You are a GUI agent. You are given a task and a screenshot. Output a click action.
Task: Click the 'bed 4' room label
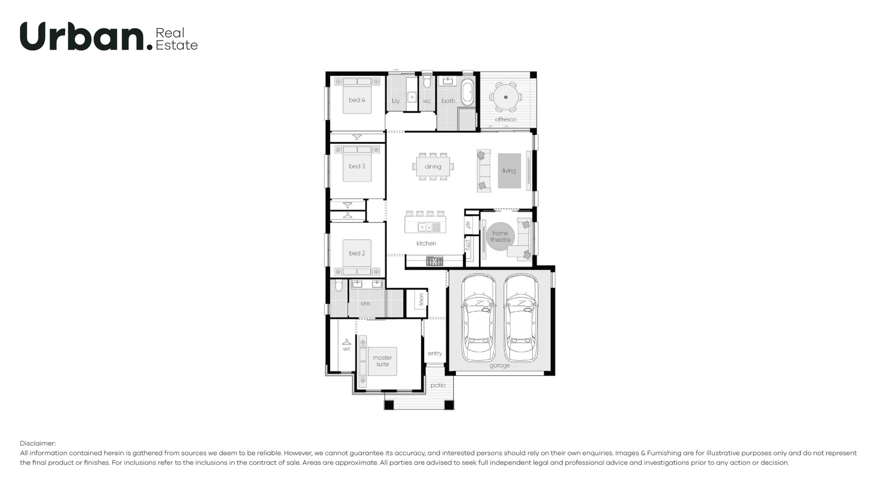(357, 100)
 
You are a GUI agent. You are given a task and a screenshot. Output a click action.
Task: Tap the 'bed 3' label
(357, 166)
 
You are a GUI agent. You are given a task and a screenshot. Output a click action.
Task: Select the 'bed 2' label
(357, 253)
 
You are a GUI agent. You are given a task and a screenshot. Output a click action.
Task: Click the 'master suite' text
(382, 361)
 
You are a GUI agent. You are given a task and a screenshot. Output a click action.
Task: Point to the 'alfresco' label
(505, 119)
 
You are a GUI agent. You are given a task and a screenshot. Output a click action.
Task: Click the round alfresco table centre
(505, 97)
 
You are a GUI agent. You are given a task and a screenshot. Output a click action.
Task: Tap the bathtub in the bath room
(468, 92)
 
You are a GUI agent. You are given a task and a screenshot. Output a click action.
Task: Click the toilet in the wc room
(427, 82)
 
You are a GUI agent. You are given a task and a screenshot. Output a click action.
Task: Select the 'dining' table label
(433, 167)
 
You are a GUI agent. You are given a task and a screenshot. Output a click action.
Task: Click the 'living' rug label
(509, 170)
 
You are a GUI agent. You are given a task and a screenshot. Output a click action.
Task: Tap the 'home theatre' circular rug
(500, 237)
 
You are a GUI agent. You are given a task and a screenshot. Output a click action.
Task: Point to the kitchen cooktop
(434, 261)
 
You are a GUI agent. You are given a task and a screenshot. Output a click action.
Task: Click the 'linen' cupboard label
(421, 300)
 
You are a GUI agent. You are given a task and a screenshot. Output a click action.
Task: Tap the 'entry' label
(435, 353)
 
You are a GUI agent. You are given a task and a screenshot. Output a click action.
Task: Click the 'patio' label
(438, 385)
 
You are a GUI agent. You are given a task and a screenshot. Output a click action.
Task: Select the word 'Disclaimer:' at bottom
(38, 443)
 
